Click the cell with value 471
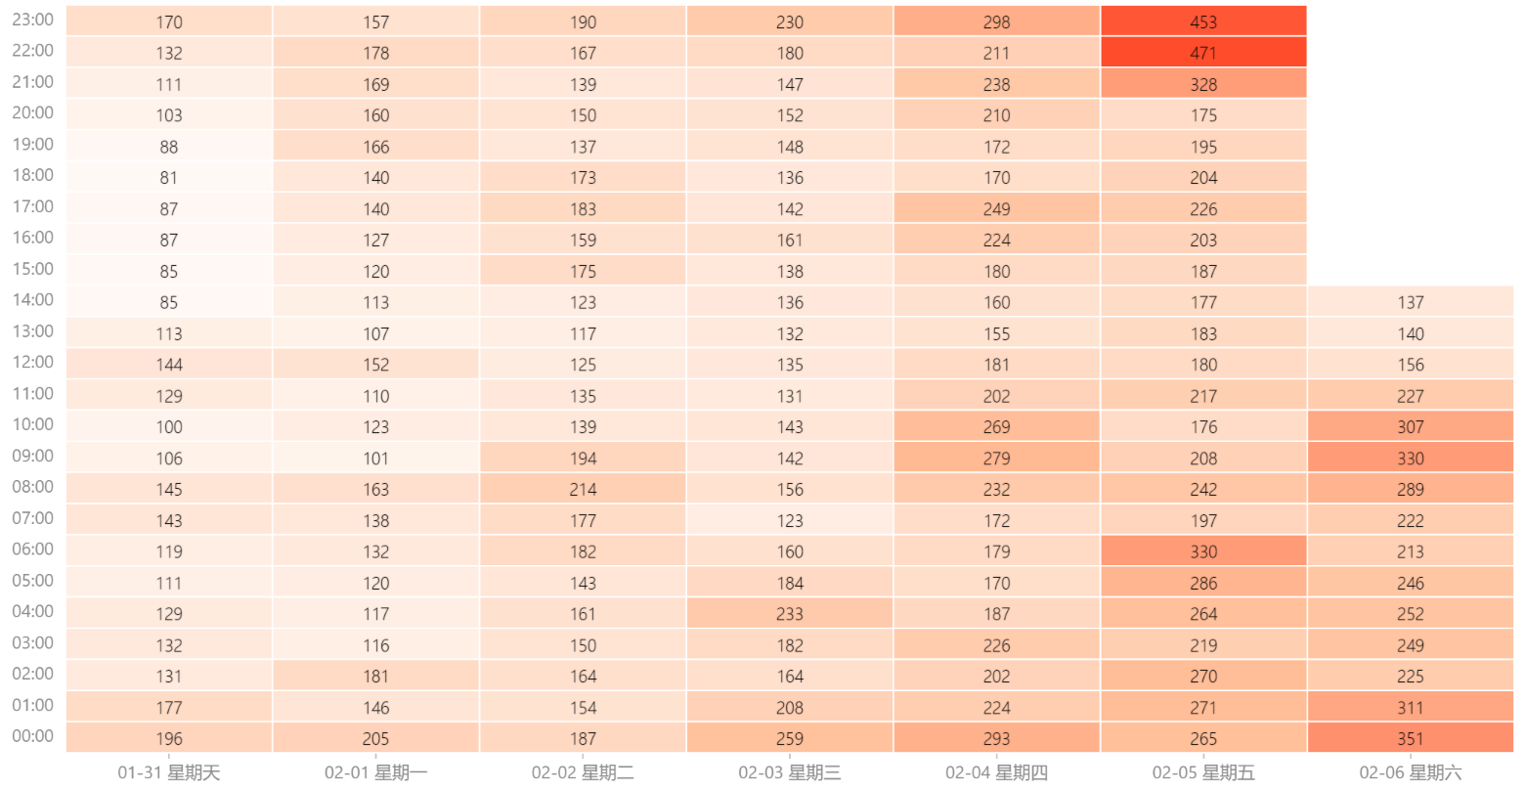[x=1203, y=53]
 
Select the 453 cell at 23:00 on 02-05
[x=1203, y=22]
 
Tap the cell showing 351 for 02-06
[x=1410, y=738]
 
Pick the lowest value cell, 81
[x=169, y=177]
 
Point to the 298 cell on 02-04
[x=996, y=22]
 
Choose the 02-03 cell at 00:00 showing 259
[x=789, y=738]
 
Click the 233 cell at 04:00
[x=789, y=613]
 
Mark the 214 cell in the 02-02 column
[x=583, y=489]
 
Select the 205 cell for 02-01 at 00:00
[x=375, y=738]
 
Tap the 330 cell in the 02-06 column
[x=1410, y=458]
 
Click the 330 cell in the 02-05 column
[x=1203, y=551]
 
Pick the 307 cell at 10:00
[x=1410, y=426]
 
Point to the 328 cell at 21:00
[x=1203, y=84]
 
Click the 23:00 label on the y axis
[x=32, y=20]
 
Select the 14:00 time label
[x=32, y=300]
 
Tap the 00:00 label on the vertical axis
[x=32, y=736]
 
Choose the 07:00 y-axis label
[x=32, y=518]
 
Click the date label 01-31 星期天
[x=169, y=772]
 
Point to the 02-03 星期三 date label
[x=789, y=772]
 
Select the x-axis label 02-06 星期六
[x=1410, y=772]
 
